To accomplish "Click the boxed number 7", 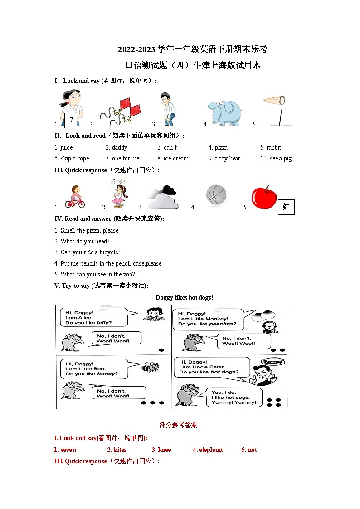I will click(x=72, y=121).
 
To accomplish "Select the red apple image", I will click(x=263, y=198).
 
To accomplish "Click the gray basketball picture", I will click(x=216, y=195).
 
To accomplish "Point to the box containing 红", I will click(x=286, y=207).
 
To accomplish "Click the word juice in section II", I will click(x=66, y=147).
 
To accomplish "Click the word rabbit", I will click(x=273, y=147).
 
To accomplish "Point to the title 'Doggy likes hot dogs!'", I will click(x=184, y=297).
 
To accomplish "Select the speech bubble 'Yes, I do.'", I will click(x=234, y=397).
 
